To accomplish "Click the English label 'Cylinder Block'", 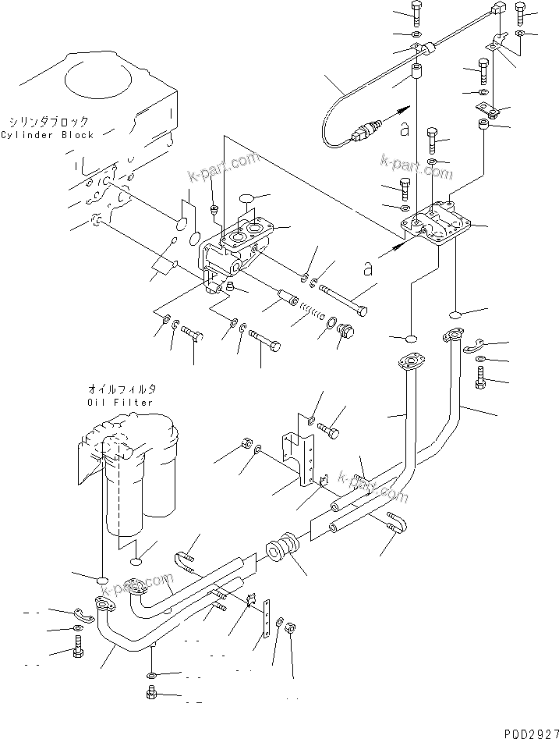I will pyautogui.click(x=47, y=135).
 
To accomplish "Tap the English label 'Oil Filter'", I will pyautogui.click(x=120, y=403).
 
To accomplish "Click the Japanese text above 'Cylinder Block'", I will pyautogui.click(x=49, y=122).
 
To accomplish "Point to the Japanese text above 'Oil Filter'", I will pyautogui.click(x=121, y=389).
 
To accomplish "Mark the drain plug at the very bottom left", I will pyautogui.click(x=150, y=693).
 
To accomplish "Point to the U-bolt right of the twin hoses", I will pyautogui.click(x=395, y=527).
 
